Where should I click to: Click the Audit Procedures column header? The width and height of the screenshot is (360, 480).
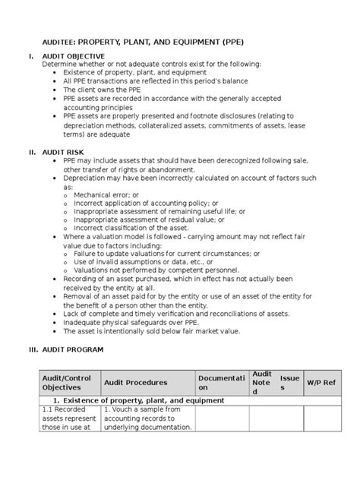pos(135,382)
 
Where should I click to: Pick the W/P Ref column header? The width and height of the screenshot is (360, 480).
pos(320,382)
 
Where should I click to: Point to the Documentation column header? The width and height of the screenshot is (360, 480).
pos(222,382)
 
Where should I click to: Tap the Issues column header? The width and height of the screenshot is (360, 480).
pos(289,382)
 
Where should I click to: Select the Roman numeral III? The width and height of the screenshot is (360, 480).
pos(32,349)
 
